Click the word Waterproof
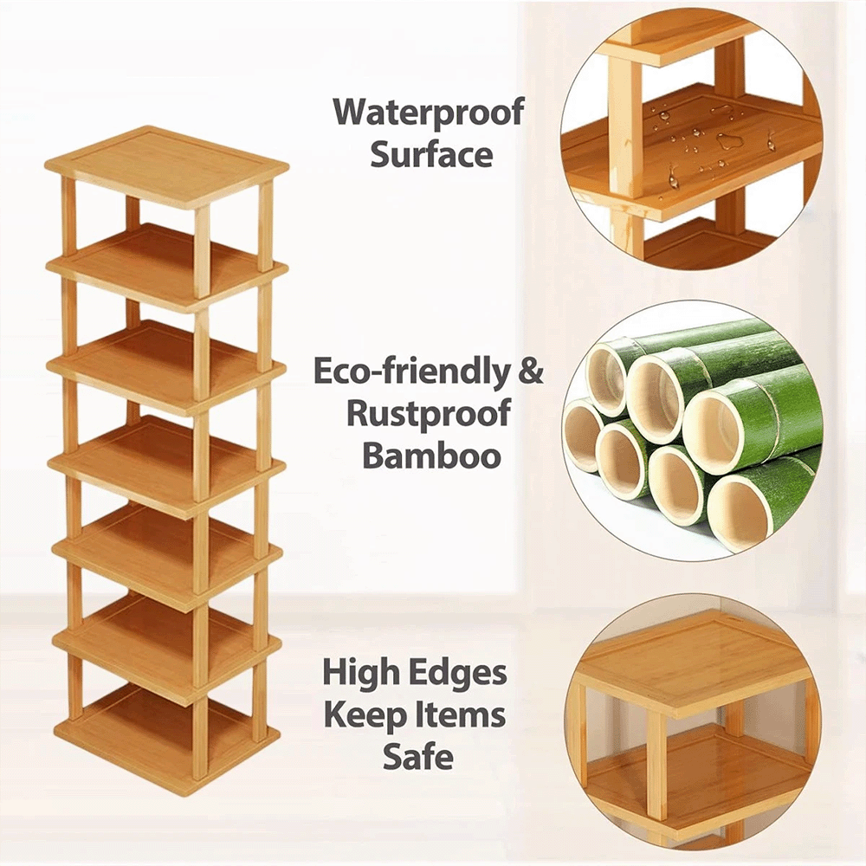pyautogui.click(x=429, y=112)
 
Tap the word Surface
pyautogui.click(x=431, y=154)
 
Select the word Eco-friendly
pyautogui.click(x=410, y=372)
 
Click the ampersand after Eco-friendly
pyautogui.click(x=530, y=371)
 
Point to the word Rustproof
pyautogui.click(x=429, y=414)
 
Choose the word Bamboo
pyautogui.click(x=431, y=456)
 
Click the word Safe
pyautogui.click(x=417, y=756)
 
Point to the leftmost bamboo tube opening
pyautogui.click(x=583, y=436)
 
